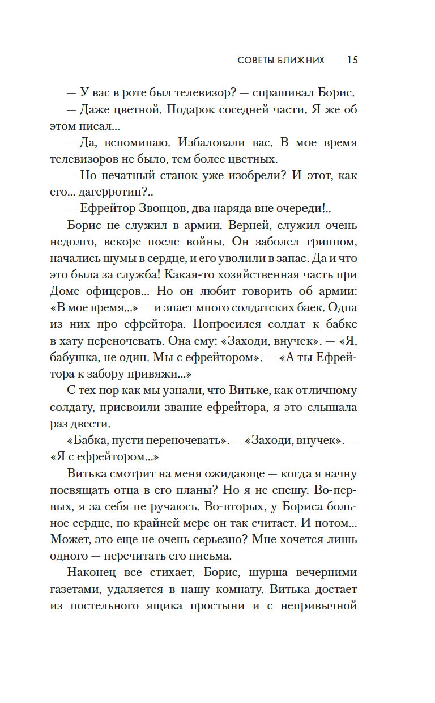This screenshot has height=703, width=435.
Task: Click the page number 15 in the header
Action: pos(352,60)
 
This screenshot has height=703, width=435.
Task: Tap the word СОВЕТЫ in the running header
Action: pos(257,60)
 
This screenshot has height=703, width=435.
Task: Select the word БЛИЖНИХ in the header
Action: pos(305,60)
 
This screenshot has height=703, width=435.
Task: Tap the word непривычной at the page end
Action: pos(318,605)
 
